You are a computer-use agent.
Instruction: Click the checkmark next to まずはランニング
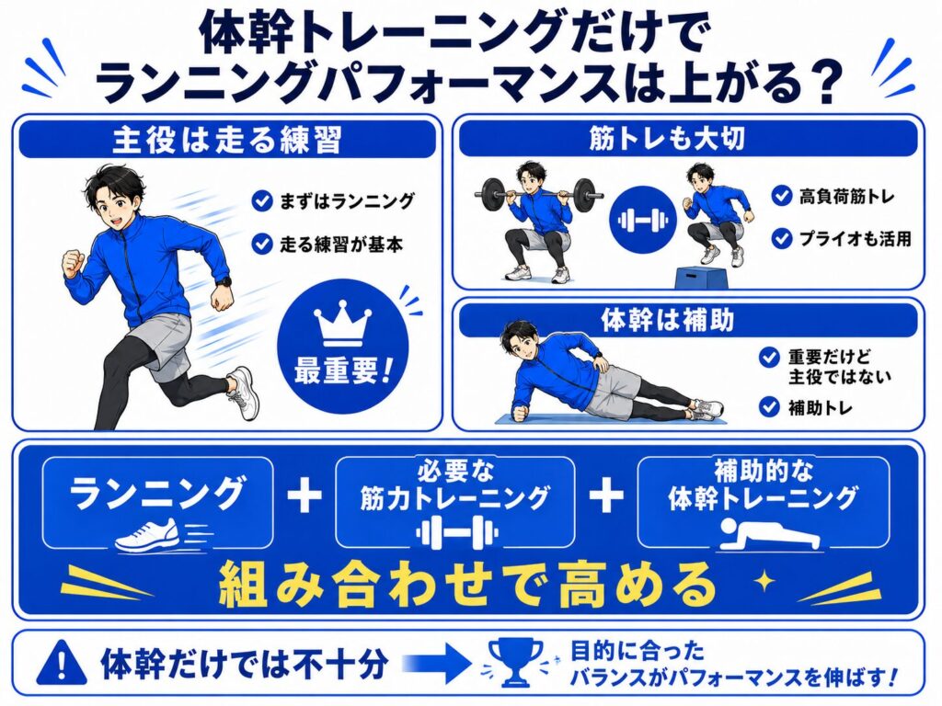click(262, 201)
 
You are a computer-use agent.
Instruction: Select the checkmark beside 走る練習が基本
click(262, 244)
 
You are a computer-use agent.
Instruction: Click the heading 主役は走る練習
click(227, 140)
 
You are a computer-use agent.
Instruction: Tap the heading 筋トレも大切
click(667, 138)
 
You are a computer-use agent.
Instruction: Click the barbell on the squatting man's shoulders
click(539, 195)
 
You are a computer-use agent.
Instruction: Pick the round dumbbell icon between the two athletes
click(643, 220)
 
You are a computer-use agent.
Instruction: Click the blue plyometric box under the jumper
click(700, 278)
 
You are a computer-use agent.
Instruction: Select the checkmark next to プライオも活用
click(781, 238)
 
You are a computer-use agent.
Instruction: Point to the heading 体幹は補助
click(667, 320)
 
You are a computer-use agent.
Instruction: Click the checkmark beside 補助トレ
click(769, 406)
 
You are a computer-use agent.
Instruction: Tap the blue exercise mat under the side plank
click(610, 419)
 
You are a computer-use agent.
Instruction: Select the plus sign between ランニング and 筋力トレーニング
click(304, 495)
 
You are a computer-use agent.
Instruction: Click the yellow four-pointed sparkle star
click(764, 581)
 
